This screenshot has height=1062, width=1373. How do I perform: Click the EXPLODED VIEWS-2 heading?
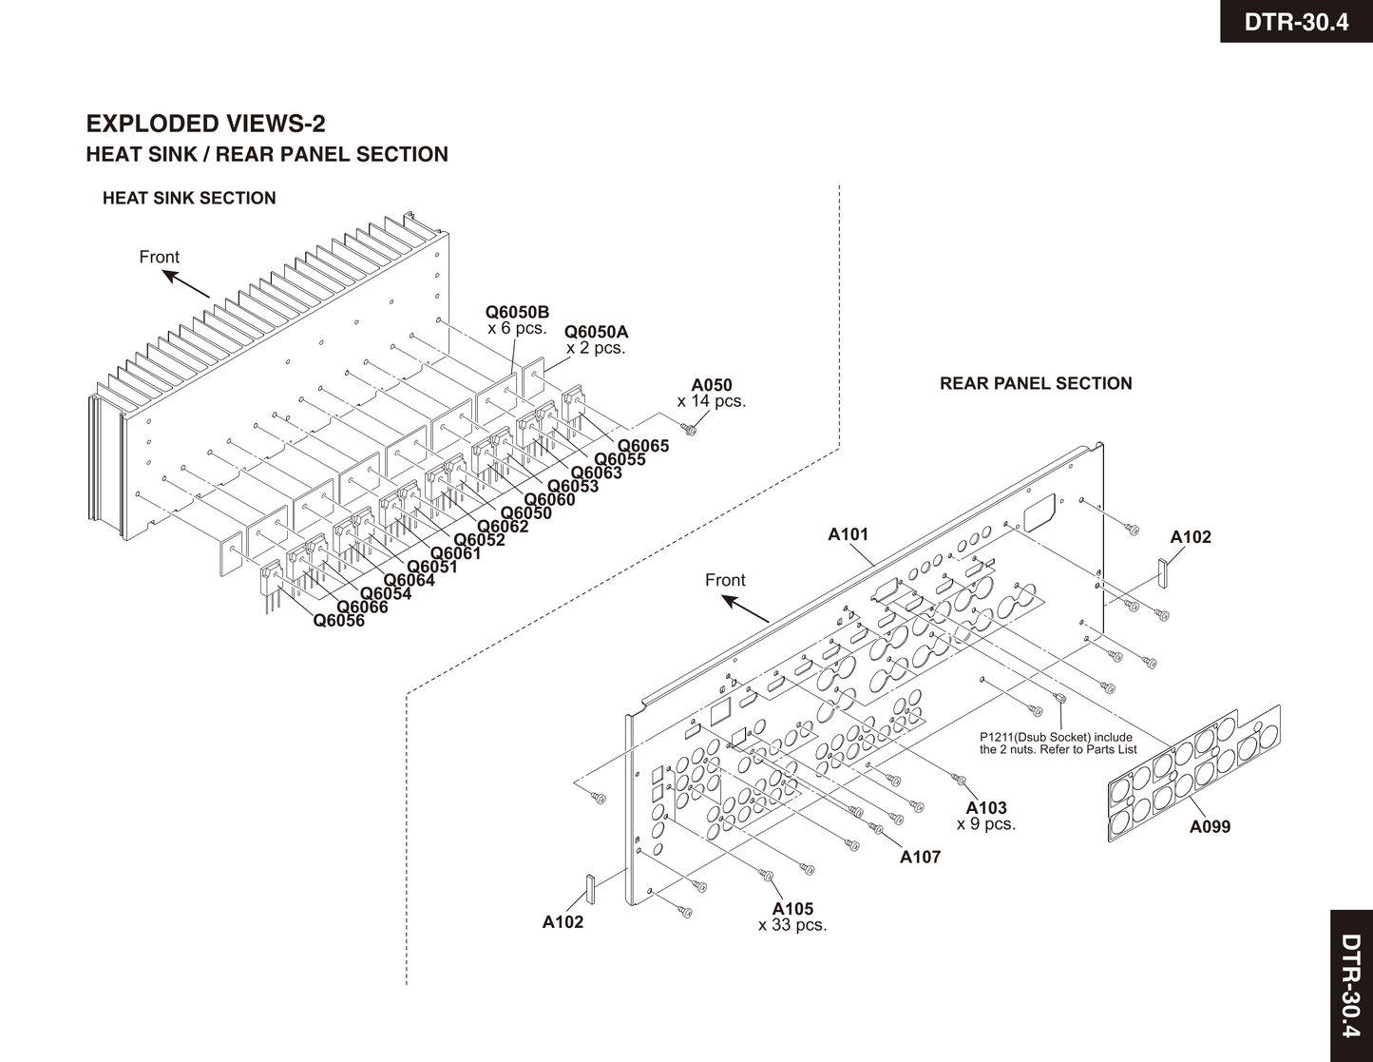click(x=205, y=124)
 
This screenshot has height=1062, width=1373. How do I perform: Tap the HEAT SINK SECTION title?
click(x=189, y=199)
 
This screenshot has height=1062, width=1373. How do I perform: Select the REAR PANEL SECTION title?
click(x=1036, y=384)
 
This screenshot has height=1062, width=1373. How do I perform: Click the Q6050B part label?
click(x=517, y=312)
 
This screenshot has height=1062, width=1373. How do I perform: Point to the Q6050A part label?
click(x=596, y=332)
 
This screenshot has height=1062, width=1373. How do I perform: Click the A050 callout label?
click(x=712, y=385)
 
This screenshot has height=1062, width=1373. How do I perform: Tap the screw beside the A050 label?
click(x=691, y=431)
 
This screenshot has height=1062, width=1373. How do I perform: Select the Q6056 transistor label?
click(x=338, y=622)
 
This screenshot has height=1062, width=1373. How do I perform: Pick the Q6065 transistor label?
click(x=643, y=446)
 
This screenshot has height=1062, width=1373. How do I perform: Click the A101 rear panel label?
click(x=848, y=534)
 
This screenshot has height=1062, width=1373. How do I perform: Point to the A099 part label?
click(x=1210, y=827)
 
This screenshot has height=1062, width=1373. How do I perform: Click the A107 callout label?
click(x=920, y=857)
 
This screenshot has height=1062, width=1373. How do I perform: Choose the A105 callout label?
click(x=792, y=909)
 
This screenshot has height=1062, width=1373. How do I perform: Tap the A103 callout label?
click(x=986, y=809)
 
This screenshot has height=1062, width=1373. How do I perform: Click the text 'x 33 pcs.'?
click(x=792, y=925)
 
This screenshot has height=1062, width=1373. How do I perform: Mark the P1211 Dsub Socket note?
click(x=1058, y=743)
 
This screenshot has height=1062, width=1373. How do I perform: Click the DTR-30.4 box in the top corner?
click(x=1296, y=21)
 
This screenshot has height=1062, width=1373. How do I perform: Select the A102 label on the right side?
click(x=1191, y=537)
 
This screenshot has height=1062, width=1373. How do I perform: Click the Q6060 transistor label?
click(x=549, y=500)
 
